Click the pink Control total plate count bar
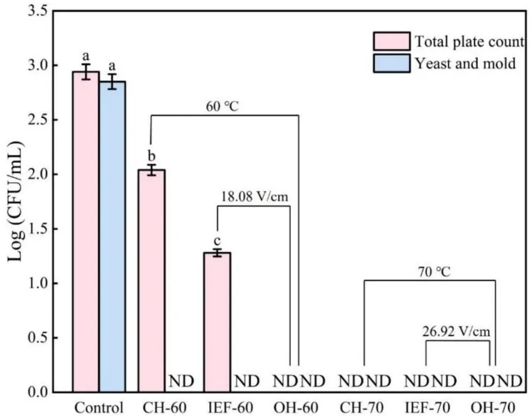85,235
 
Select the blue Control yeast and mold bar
112,238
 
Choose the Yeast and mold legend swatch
392,63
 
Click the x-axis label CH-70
364,408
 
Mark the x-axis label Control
99,408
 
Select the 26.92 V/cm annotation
459,331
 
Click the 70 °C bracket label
428,271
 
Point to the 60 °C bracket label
225,109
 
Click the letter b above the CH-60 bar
151,155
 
